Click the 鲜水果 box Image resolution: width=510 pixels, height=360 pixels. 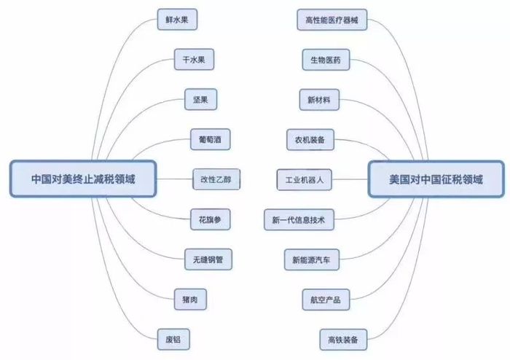pyautogui.click(x=177, y=20)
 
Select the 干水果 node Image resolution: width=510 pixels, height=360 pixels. pyautogui.click(x=195, y=60)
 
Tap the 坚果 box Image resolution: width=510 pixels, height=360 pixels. pyautogui.click(x=200, y=100)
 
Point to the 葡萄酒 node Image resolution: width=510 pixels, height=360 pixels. pyautogui.click(x=211, y=139)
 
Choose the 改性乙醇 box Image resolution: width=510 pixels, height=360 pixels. pyautogui.click(x=216, y=179)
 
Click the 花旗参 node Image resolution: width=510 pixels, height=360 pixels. pyautogui.click(x=211, y=219)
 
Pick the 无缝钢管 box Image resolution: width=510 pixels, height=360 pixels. pyautogui.click(x=208, y=259)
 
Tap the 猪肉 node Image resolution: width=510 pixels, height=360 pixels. pyautogui.click(x=190, y=300)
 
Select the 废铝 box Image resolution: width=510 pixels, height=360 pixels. pyautogui.click(x=173, y=340)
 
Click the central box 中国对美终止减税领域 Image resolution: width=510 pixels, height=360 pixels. pyautogui.click(x=83, y=179)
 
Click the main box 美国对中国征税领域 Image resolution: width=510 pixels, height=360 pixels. pyautogui.click(x=436, y=179)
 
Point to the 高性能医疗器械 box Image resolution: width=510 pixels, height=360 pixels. pyautogui.click(x=332, y=20)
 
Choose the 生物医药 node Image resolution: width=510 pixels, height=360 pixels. pyautogui.click(x=326, y=60)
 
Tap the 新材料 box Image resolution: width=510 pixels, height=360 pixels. pyautogui.click(x=319, y=100)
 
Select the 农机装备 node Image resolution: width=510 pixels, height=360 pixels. pyautogui.click(x=310, y=140)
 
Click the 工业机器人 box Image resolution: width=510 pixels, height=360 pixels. pyautogui.click(x=305, y=179)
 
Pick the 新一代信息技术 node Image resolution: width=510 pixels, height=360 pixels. pyautogui.click(x=299, y=220)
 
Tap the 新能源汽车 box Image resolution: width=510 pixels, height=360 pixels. pyautogui.click(x=312, y=260)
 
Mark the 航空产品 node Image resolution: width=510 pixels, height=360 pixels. pyautogui.click(x=326, y=300)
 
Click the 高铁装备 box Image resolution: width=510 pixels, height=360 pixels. pyautogui.click(x=343, y=340)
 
